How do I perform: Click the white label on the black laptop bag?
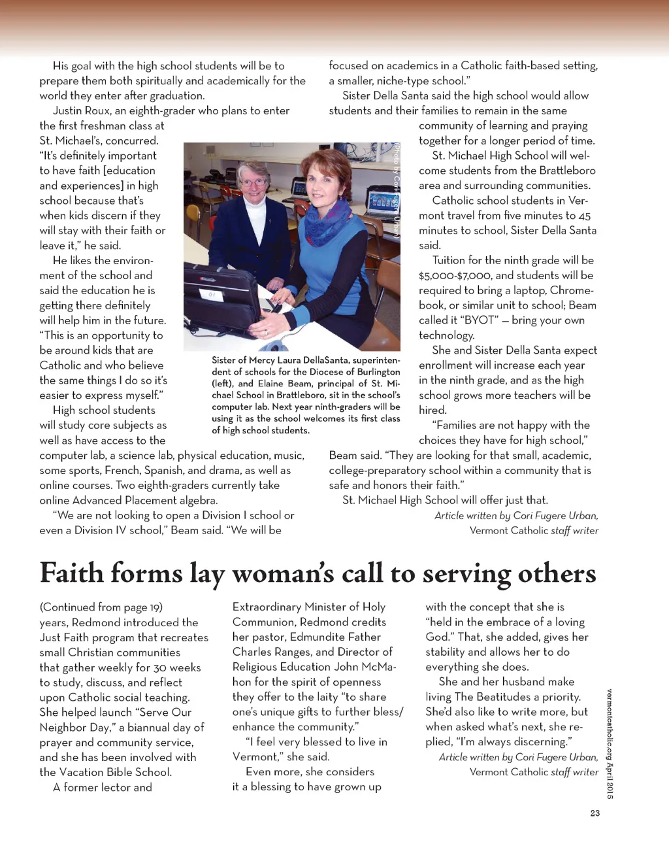click(x=212, y=295)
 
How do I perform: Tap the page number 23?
click(x=595, y=813)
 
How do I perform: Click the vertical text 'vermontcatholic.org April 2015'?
click(x=609, y=744)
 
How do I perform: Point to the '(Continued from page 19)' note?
click(x=101, y=607)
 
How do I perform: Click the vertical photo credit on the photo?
click(x=396, y=190)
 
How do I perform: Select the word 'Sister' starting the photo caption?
click(x=225, y=360)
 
